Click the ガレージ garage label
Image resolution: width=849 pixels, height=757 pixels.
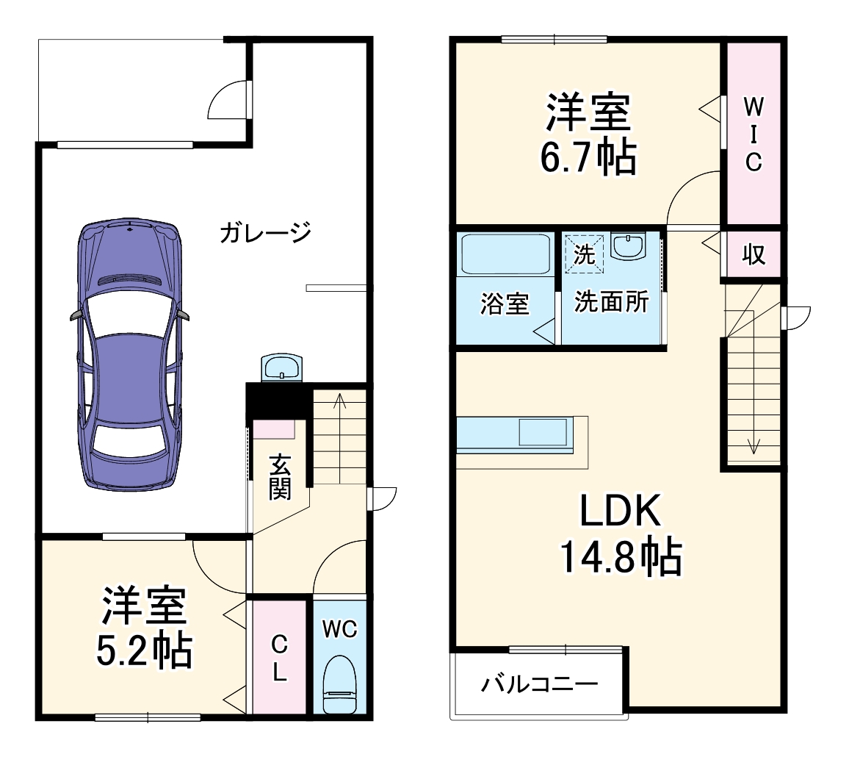[265, 233]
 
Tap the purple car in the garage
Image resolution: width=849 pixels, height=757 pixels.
[129, 353]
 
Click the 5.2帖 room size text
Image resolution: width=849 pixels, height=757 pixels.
[144, 650]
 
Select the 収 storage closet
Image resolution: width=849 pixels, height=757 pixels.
[753, 254]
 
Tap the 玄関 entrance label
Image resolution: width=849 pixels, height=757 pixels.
[279, 478]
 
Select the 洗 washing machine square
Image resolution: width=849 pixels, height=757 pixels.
[584, 254]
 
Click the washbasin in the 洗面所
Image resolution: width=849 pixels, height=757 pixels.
[628, 247]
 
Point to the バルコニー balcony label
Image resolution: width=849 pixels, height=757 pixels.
[540, 685]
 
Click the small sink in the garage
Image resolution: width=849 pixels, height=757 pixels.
[281, 367]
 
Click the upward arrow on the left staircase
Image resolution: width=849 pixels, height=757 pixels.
[339, 401]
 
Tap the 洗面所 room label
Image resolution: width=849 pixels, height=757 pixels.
[611, 303]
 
